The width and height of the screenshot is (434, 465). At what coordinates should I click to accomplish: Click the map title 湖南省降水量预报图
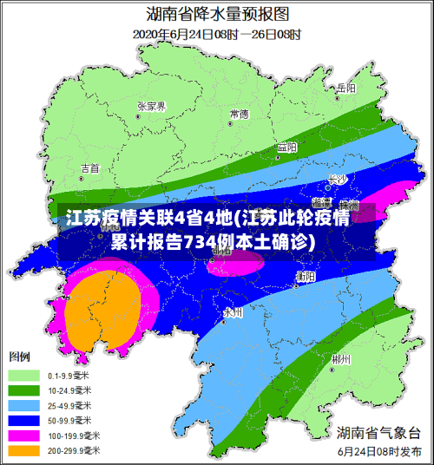coord(216,15)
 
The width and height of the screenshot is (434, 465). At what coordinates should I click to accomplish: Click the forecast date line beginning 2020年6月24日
coord(216,35)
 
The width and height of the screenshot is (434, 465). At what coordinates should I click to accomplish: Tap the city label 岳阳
coord(346,88)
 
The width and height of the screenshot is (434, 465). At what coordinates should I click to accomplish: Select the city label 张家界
coord(151,106)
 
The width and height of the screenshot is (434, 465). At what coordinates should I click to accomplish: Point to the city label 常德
coord(239,114)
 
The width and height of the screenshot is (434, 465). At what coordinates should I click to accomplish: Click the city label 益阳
coord(286,147)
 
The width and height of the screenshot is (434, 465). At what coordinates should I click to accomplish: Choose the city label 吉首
coord(89,167)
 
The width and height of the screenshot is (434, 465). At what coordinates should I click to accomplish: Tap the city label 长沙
coord(337,180)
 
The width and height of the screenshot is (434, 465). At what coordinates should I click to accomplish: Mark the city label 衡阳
coord(305,276)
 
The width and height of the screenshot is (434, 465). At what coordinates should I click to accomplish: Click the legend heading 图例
coord(19,357)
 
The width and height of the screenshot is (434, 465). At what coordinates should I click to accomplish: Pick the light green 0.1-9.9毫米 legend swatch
coord(24,376)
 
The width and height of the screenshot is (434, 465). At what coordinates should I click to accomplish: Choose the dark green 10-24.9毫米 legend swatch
coord(24,390)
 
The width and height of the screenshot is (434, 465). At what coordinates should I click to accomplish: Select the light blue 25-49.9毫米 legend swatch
coord(24,405)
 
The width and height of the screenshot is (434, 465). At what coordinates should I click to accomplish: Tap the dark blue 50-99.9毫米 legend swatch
coord(24,420)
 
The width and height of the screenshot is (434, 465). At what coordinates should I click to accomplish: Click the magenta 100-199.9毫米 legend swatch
coord(24,435)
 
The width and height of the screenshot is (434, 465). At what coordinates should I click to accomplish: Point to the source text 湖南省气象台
coord(378,433)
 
